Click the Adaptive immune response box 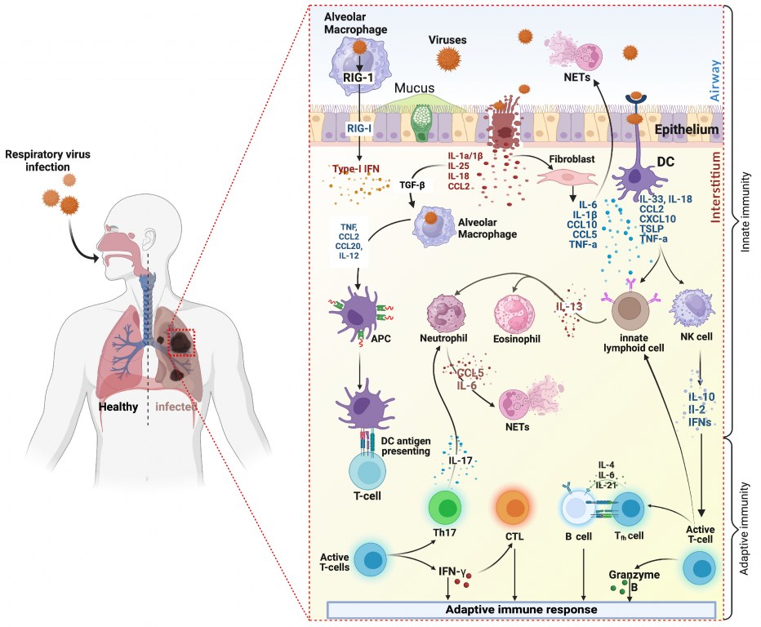[520, 609]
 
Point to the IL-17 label [461, 460]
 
